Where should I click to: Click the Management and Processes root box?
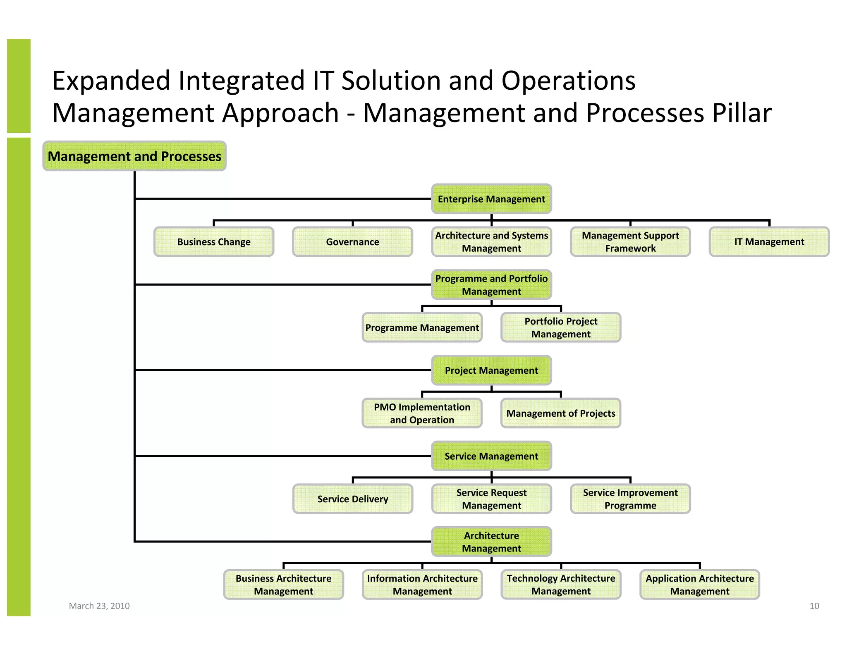[x=134, y=156]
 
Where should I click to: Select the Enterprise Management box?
[x=491, y=199]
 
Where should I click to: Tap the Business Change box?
[x=214, y=242]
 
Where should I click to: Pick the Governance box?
[x=352, y=242]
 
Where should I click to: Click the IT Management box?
[x=769, y=242]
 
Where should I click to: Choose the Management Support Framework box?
[x=630, y=242]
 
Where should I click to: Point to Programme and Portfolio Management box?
[x=491, y=285]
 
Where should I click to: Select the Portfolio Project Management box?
[x=561, y=327]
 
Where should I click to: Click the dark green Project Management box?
[x=491, y=370]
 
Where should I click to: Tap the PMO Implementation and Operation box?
[x=422, y=413]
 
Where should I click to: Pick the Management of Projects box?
[x=561, y=413]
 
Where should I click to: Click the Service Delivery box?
[x=352, y=499]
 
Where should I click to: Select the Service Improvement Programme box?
[x=630, y=499]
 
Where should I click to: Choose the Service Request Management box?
[x=491, y=499]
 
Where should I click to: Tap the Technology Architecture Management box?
[x=561, y=585]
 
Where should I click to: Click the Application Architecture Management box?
[x=700, y=585]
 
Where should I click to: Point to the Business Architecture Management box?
[x=283, y=585]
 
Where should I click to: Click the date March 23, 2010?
[x=99, y=606]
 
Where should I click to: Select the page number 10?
[x=814, y=606]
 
